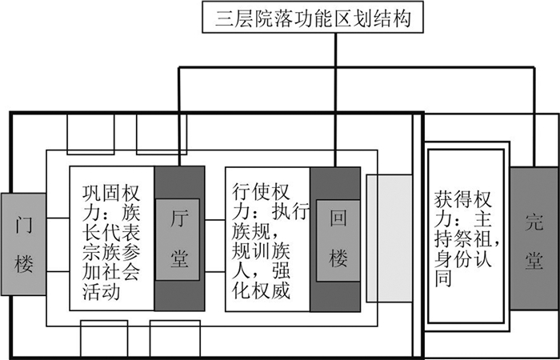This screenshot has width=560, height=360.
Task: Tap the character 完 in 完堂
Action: click(533, 221)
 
